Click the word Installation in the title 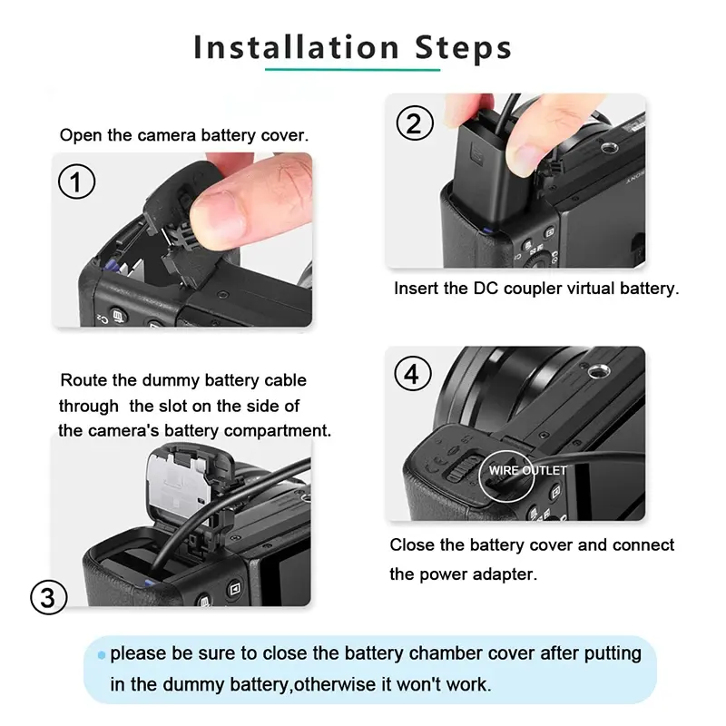(x=297, y=47)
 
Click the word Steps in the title (x=464, y=49)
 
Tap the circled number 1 (x=77, y=181)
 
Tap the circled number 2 (x=415, y=123)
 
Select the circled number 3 (x=49, y=597)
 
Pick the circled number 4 (x=413, y=374)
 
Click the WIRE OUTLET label (x=528, y=470)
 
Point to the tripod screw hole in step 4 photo (x=598, y=371)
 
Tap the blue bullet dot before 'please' (x=102, y=655)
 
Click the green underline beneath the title (x=352, y=70)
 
